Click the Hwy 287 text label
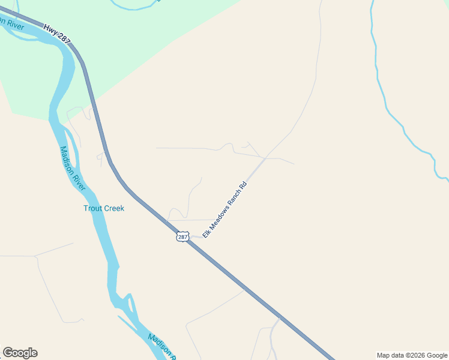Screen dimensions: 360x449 coord(57,34)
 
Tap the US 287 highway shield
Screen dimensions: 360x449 coord(182,237)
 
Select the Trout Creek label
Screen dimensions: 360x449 coord(104,208)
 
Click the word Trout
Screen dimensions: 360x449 coord(93,208)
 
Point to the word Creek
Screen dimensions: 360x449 coord(114,208)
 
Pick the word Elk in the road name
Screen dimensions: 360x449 coord(206,232)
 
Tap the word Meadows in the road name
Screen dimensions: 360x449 coord(218,216)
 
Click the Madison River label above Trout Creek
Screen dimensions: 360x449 coord(73,169)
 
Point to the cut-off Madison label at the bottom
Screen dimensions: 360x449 coord(160,346)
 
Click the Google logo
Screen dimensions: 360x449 coord(20,353)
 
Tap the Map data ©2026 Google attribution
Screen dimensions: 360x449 coord(412,355)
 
